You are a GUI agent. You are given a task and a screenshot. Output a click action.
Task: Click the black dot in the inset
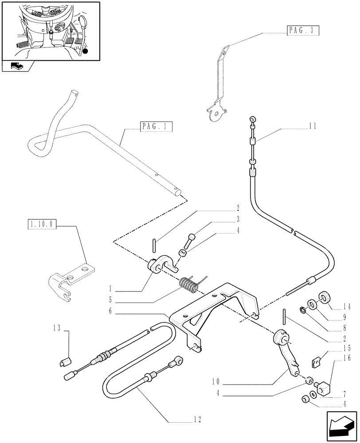coord(85,52)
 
